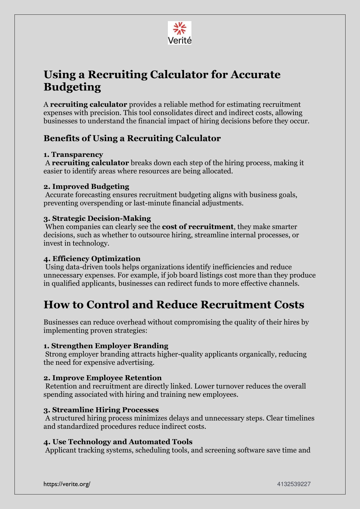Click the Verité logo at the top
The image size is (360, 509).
coord(179,33)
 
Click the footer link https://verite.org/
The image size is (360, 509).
coord(67,484)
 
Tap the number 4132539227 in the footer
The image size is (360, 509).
coord(294,484)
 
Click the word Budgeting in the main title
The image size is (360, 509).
coord(72,87)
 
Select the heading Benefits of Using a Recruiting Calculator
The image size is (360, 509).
coord(132,138)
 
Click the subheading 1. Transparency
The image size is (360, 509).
coord(73,154)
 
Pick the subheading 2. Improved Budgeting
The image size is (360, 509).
coord(86,186)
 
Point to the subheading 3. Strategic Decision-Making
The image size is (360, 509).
coord(97,218)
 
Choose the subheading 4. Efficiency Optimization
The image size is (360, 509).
coord(92,259)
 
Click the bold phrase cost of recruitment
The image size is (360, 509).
coord(198,227)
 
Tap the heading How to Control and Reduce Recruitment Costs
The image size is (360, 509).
coord(174,305)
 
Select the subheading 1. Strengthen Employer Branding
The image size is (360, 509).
coord(106,346)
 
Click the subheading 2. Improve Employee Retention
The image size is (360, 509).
coord(102,378)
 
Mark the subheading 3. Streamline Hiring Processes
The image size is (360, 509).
coord(101,410)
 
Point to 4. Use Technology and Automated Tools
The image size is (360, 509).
coord(118,442)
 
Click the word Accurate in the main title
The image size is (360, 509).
coord(255,75)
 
